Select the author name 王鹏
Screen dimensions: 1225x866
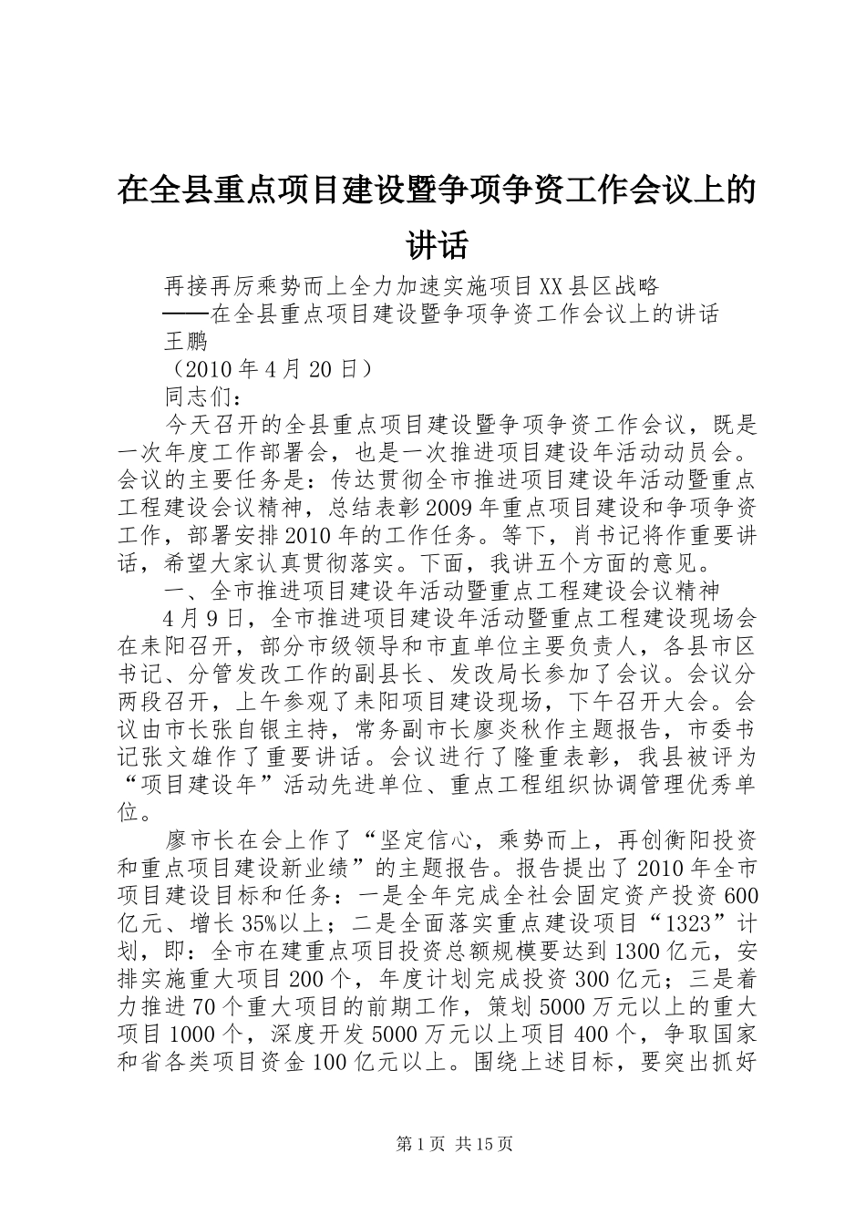click(x=185, y=342)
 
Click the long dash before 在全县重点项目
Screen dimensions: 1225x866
click(x=186, y=314)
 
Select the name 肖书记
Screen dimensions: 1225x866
click(x=599, y=535)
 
